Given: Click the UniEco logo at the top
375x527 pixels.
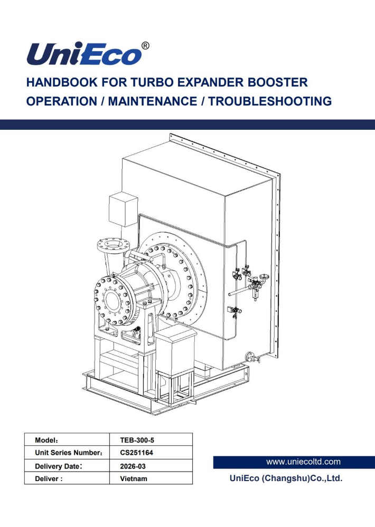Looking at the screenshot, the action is (84, 54).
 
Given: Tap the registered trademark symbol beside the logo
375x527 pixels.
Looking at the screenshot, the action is (145, 46).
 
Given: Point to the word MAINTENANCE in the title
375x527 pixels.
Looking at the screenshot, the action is (153, 101).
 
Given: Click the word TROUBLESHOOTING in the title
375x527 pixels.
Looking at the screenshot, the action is (270, 101).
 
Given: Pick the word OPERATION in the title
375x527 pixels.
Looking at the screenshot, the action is (62, 101).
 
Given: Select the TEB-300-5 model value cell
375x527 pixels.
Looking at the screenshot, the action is (137, 440).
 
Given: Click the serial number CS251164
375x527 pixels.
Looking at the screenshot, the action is (136, 453).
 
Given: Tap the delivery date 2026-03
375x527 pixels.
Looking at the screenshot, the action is (133, 466).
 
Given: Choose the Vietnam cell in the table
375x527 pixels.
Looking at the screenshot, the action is (134, 478).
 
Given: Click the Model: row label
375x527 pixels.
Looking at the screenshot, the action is (46, 440).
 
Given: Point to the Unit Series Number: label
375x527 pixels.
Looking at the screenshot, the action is (69, 453).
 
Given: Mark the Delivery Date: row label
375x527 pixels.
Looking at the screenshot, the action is (59, 466).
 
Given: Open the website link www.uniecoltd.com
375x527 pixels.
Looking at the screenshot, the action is (303, 462).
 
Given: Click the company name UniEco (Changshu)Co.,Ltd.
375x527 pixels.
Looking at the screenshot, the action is (286, 478).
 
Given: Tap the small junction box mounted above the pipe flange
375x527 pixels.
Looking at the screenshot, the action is (123, 209).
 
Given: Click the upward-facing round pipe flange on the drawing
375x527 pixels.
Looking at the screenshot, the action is (114, 245).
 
